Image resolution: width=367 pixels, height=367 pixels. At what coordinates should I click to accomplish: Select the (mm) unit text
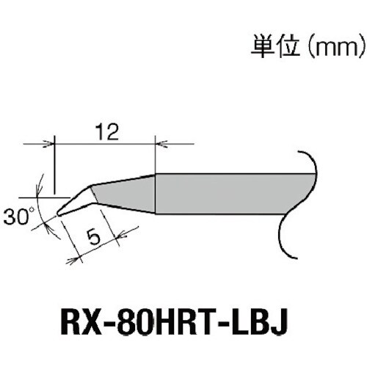coord(333,48)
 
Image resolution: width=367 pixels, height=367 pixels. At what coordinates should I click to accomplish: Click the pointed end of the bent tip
coord(58,213)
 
